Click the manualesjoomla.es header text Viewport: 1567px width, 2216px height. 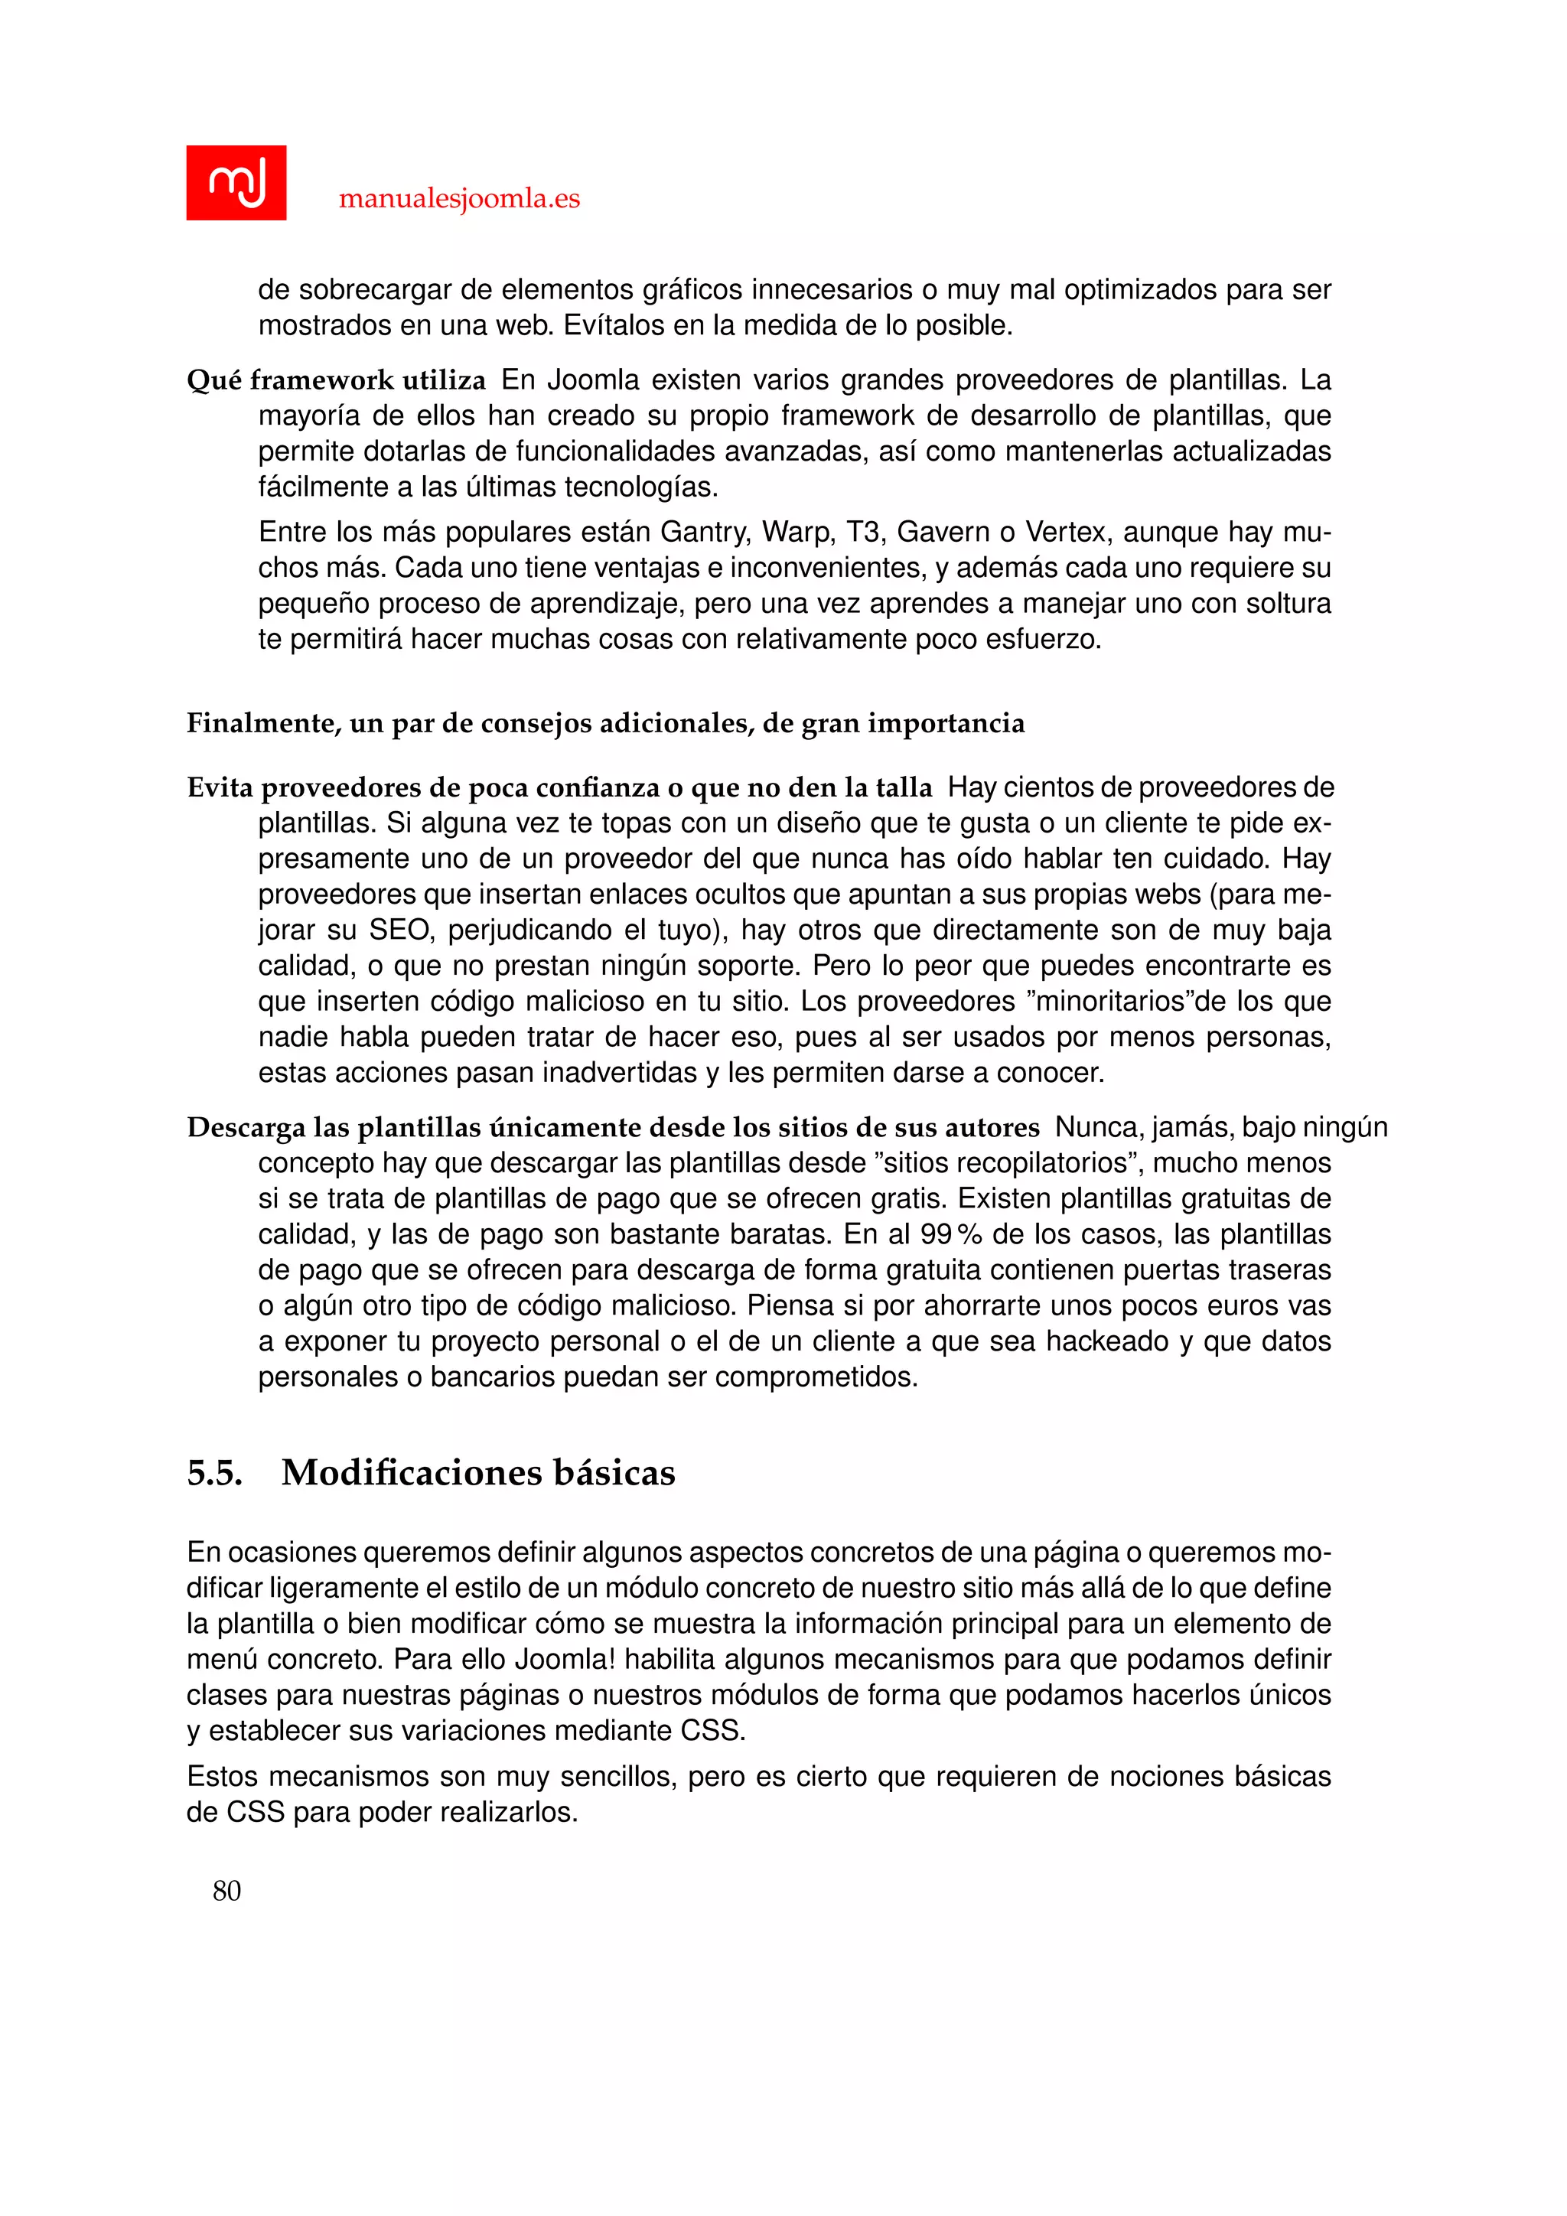coord(459,199)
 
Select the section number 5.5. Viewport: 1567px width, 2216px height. coord(214,1472)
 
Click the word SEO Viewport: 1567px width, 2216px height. coord(399,930)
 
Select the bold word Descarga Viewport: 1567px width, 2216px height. coord(245,1127)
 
